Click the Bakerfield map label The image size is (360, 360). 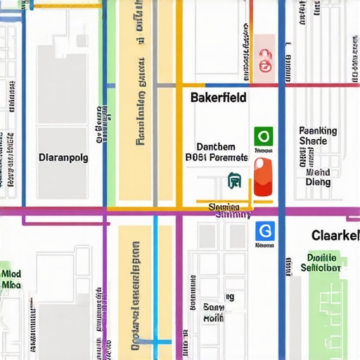tap(218, 98)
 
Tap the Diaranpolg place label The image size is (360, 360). tap(63, 157)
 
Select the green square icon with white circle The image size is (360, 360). tap(263, 135)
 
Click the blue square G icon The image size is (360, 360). tap(265, 231)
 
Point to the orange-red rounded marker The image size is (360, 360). tap(262, 176)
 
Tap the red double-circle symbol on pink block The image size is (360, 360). tap(264, 63)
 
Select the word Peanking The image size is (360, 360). tap(318, 131)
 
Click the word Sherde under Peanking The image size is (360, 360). tap(313, 141)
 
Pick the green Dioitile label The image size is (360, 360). tap(322, 257)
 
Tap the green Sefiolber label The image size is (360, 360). tap(321, 268)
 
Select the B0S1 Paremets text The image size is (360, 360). tap(216, 157)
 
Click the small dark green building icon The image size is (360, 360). tap(235, 182)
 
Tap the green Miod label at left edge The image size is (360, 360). tap(11, 274)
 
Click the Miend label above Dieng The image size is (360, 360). tap(318, 172)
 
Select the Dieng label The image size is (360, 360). tap(318, 182)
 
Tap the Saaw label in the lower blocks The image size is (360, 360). tap(213, 307)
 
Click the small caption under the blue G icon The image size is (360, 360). tap(264, 246)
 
